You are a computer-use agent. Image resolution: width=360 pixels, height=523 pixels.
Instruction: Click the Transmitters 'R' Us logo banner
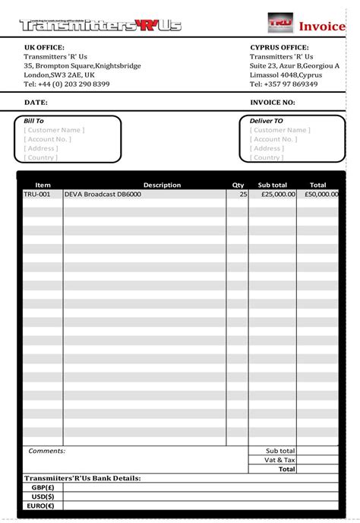(x=100, y=26)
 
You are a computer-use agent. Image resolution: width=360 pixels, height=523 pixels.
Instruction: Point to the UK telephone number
(x=66, y=84)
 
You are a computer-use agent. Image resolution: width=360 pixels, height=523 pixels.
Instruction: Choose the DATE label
(x=36, y=102)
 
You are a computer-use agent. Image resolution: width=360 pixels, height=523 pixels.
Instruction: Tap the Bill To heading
(x=34, y=121)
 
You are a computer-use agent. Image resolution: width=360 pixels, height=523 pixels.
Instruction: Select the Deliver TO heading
(x=267, y=121)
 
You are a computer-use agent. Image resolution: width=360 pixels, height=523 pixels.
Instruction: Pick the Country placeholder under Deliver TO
(x=267, y=157)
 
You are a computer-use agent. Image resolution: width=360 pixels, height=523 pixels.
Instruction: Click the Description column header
(x=162, y=185)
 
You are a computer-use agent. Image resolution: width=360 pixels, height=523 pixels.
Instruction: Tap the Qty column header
(x=238, y=185)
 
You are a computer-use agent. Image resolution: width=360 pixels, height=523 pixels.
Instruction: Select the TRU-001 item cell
(x=37, y=195)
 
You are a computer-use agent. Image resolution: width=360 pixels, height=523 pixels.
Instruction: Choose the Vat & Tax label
(x=280, y=460)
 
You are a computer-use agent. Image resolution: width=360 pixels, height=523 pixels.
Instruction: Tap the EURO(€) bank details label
(x=41, y=505)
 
